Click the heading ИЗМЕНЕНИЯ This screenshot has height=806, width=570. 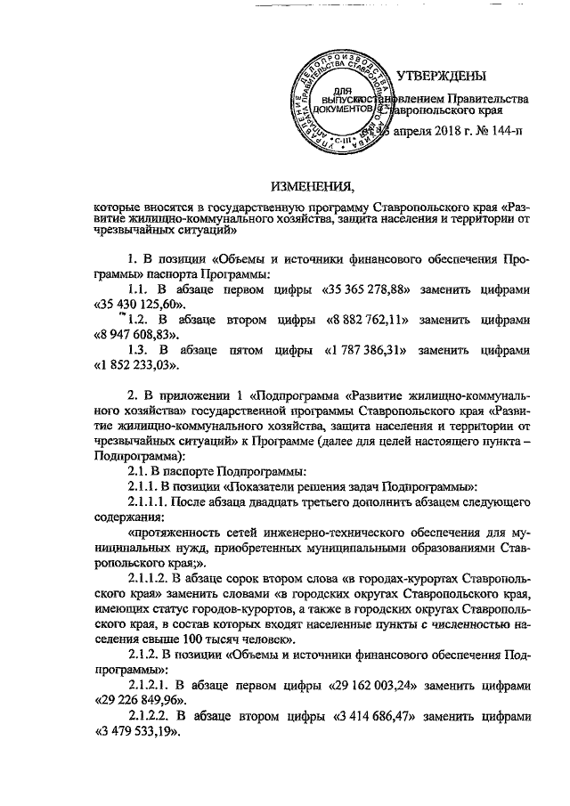click(312, 185)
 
